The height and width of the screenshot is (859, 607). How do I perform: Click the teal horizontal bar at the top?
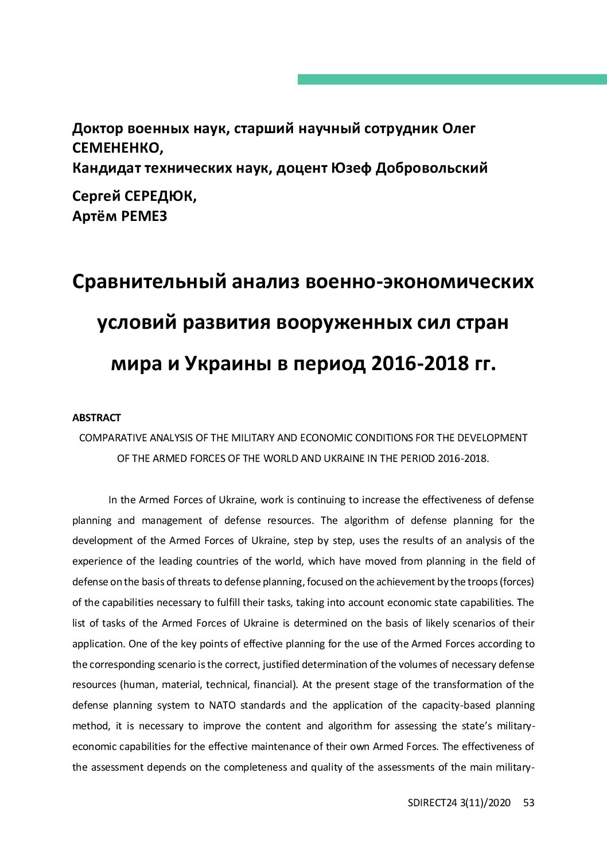pos(452,79)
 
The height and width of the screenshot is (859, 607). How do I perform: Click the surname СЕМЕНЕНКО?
pos(117,148)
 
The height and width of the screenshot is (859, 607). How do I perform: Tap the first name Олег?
pos(458,129)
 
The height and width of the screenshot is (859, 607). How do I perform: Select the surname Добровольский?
pos(431,168)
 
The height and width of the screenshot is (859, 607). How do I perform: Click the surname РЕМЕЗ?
pos(144,216)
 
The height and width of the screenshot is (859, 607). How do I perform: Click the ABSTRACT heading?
pos(96,418)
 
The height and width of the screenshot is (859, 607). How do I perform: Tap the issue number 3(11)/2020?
pos(485,803)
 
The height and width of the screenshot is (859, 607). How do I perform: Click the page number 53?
pos(528,803)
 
